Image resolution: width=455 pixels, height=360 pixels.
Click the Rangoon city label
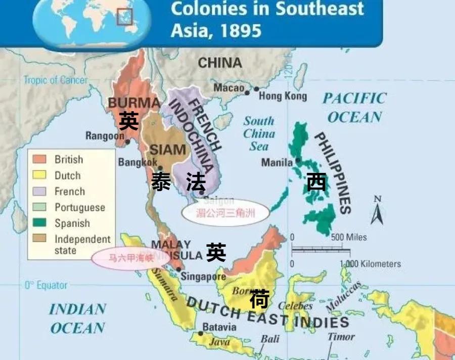[105, 136]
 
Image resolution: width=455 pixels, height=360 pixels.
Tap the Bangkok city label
[138, 162]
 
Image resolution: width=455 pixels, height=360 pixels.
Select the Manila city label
[277, 162]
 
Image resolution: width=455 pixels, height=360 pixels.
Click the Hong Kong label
[283, 96]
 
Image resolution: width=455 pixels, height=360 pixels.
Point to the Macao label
[229, 88]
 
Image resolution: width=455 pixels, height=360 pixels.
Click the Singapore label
[203, 277]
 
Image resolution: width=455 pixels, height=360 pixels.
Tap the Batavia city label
[219, 327]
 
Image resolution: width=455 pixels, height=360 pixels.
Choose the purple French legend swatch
[40, 191]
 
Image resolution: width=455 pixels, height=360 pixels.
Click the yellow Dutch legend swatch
[40, 175]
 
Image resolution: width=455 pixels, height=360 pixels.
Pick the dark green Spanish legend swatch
[40, 223]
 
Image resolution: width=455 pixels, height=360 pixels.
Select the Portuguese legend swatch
[40, 207]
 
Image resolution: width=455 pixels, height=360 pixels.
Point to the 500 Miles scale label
[349, 237]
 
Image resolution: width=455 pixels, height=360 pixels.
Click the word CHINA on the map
[220, 63]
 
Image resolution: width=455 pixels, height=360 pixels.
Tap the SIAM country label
[168, 150]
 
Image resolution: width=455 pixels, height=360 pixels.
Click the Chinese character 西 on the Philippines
[316, 182]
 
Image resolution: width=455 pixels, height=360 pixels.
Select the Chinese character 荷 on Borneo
[259, 299]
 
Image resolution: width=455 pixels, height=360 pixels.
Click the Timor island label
[341, 336]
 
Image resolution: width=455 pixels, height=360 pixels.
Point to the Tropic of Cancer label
[55, 80]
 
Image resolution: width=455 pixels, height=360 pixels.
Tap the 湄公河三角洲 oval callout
[226, 213]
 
